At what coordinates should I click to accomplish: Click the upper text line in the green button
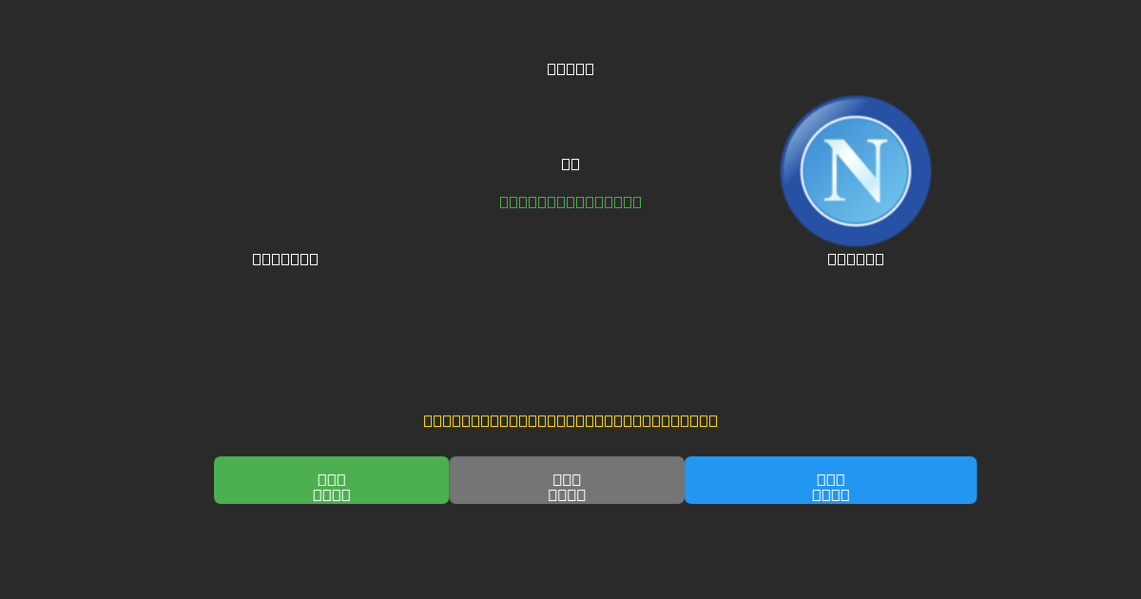pyautogui.click(x=331, y=479)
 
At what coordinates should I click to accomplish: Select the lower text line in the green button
pyautogui.click(x=331, y=494)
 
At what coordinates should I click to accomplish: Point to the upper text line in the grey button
pyautogui.click(x=567, y=479)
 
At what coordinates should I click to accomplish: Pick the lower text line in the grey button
pyautogui.click(x=567, y=494)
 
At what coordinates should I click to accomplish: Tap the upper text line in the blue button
pyautogui.click(x=830, y=479)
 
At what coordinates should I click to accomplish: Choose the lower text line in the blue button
pyautogui.click(x=830, y=494)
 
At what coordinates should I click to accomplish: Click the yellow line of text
pyautogui.click(x=570, y=420)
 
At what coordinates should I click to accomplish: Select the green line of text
pyautogui.click(x=570, y=202)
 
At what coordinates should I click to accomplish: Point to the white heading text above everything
pyautogui.click(x=570, y=68)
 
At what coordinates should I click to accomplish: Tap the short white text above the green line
pyautogui.click(x=570, y=164)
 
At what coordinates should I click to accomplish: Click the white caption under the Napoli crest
pyautogui.click(x=856, y=259)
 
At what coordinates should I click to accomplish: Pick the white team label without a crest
pyautogui.click(x=285, y=259)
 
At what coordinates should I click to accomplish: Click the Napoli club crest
pyautogui.click(x=856, y=171)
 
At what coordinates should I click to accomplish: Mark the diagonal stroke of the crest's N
pyautogui.click(x=857, y=170)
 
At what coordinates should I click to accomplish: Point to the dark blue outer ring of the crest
pyautogui.click(x=856, y=105)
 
